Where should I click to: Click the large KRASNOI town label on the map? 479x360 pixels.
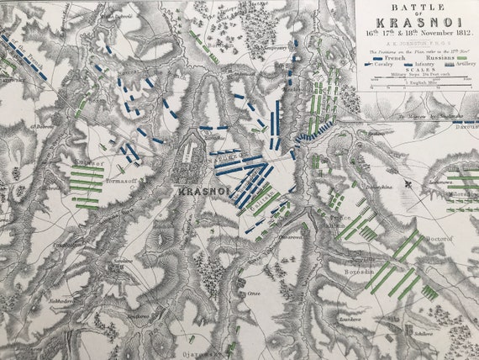205,192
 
